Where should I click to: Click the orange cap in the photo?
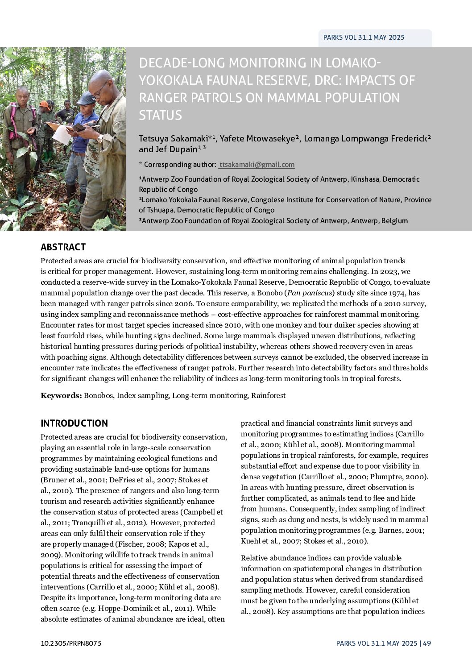point(44,104)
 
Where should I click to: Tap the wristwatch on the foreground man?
point(99,139)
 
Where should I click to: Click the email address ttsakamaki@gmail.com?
point(257,165)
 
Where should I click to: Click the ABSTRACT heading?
point(63,247)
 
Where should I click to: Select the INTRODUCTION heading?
point(74,423)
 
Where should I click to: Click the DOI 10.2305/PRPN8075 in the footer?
point(71,643)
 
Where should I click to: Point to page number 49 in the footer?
point(427,643)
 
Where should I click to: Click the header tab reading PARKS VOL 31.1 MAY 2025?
point(364,37)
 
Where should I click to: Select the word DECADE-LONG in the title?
point(184,63)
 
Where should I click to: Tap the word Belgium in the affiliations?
point(394,220)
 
